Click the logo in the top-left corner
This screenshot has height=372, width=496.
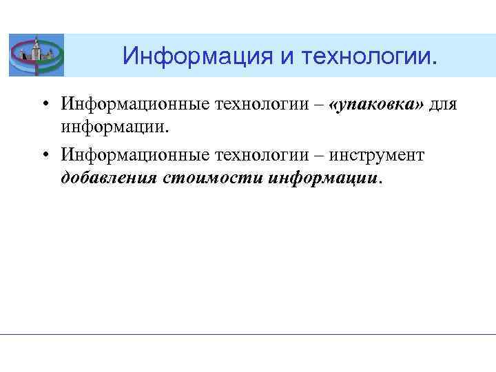[x=37, y=55]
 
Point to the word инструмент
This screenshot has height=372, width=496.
[x=383, y=155]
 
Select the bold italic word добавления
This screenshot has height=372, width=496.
[x=110, y=178]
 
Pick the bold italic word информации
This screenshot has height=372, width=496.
[x=324, y=178]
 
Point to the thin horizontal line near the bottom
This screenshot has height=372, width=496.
[x=248, y=334]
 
